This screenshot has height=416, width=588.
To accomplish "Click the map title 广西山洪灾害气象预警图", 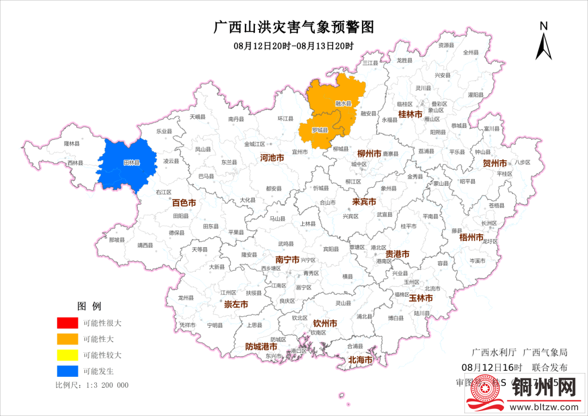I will point(294,27).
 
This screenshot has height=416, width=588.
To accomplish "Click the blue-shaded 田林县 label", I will point(131,163).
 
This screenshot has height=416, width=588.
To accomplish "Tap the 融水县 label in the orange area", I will point(343,103).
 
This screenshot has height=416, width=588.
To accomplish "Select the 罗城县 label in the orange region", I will point(320,131).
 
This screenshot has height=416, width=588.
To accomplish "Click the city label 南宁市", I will point(287,260).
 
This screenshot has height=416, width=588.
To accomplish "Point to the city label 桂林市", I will point(410,114).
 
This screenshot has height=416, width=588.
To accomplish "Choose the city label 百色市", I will point(184,203).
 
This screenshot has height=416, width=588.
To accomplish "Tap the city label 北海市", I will point(360,360).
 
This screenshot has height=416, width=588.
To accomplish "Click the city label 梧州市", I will point(471,238).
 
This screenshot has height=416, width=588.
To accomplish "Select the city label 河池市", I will point(272,158).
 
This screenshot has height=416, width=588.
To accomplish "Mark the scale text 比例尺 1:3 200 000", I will point(92,385).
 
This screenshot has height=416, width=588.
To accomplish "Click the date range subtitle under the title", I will point(294,46).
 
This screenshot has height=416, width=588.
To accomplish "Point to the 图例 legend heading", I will point(89,306).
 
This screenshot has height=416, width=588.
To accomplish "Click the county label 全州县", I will point(470,53).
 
